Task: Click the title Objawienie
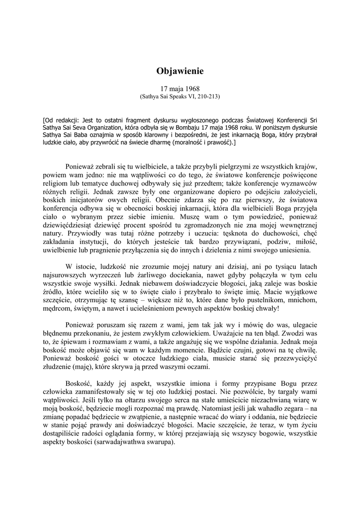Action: pos(180,71)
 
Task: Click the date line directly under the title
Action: pos(180,89)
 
